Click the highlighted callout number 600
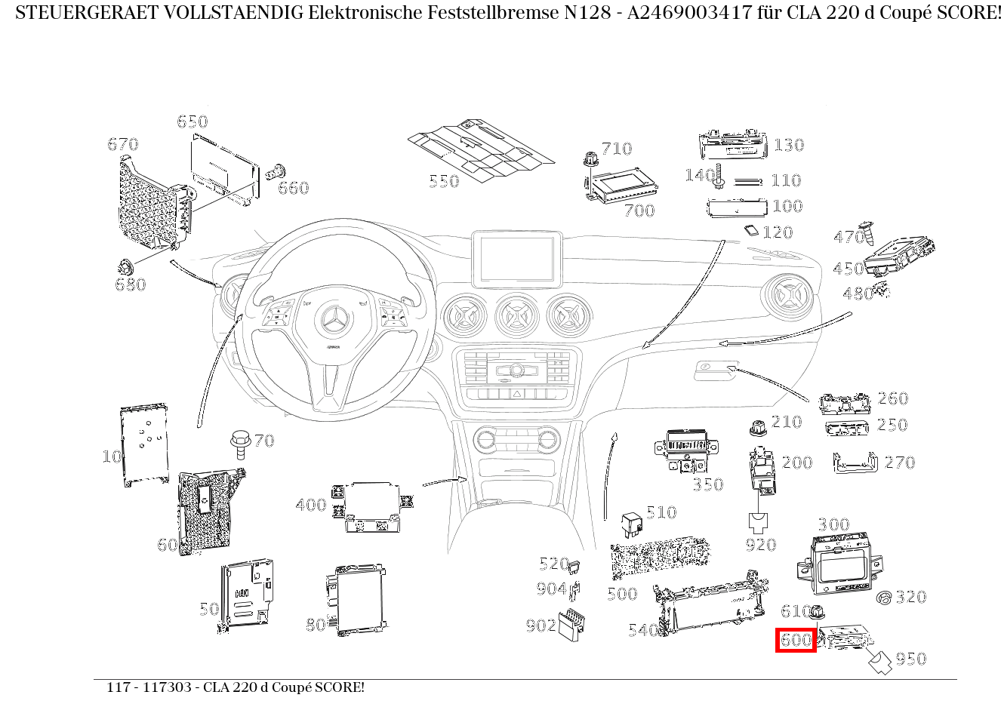[796, 640]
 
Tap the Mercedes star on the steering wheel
[333, 322]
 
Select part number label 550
[444, 181]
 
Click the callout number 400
[311, 505]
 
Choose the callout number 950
[911, 659]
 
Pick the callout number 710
[617, 148]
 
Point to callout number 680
[130, 284]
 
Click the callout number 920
[760, 544]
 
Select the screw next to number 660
[276, 173]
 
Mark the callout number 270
[899, 462]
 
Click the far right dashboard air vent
[790, 299]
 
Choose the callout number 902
[541, 625]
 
